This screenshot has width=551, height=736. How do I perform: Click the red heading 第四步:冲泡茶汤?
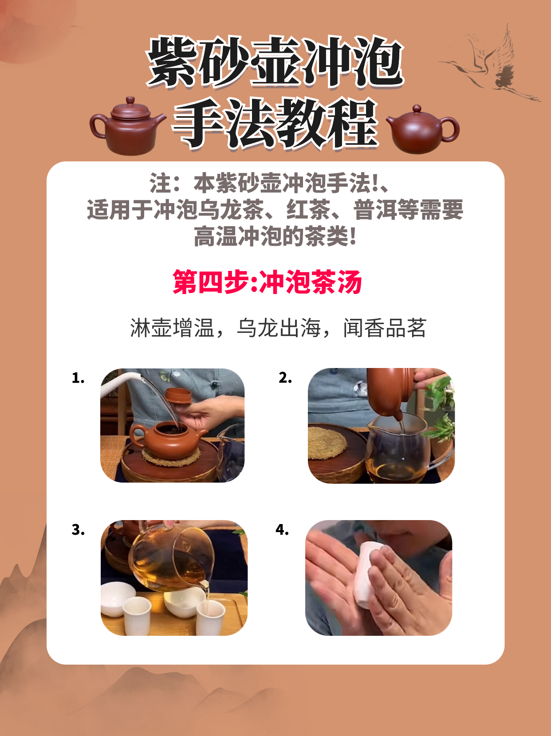[x=267, y=282]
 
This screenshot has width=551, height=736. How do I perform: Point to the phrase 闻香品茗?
[x=385, y=328]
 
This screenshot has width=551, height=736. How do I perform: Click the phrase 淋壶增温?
[x=172, y=328]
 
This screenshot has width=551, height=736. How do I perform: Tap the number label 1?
[x=78, y=378]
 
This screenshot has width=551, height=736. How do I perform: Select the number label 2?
[x=285, y=378]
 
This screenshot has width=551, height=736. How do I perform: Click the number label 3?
[x=78, y=530]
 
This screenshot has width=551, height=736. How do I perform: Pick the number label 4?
[x=282, y=530]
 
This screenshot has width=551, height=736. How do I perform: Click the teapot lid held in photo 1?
[x=179, y=395]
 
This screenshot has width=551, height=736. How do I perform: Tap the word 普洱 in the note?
[x=375, y=210]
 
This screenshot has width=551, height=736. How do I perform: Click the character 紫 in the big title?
[x=172, y=63]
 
